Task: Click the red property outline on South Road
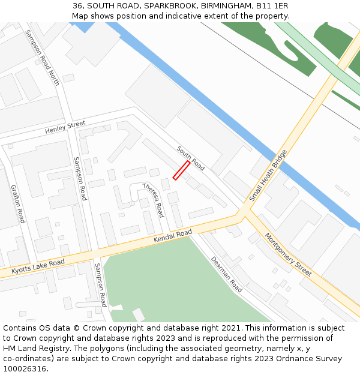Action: click(181, 170)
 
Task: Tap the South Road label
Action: click(191, 157)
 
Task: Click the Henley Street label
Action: click(65, 127)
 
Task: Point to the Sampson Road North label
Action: click(42, 58)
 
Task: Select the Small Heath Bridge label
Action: click(268, 175)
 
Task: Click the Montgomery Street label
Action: click(288, 254)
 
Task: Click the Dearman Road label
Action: click(226, 274)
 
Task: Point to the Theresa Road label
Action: click(153, 200)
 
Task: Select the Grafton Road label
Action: click(18, 203)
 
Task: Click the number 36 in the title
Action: click(78, 5)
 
